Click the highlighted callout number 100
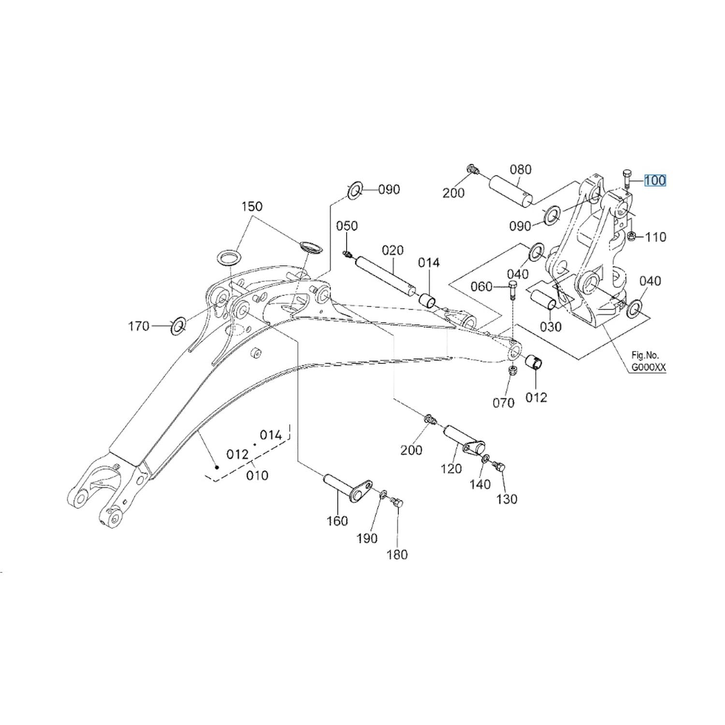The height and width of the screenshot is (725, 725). coord(655,180)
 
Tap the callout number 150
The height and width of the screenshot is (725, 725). coord(252,206)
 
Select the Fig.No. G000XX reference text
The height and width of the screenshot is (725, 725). coord(648,361)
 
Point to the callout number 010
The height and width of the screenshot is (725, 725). coord(257,476)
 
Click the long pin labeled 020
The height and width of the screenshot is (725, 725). coord(385,275)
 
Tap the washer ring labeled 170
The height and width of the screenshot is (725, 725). coord(178,326)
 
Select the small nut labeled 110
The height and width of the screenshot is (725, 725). coord(631,236)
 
